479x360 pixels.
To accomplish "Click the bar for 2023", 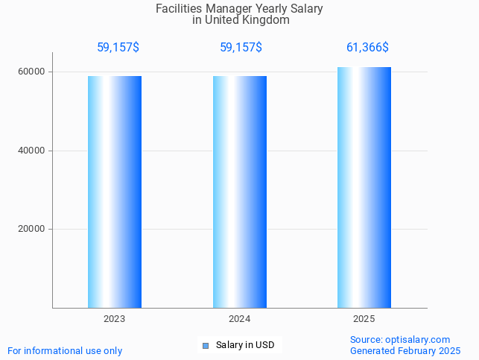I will point(115,192).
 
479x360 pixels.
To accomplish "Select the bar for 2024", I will point(240,192).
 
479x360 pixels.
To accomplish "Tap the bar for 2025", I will point(364,187).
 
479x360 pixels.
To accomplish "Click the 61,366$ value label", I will point(367,48).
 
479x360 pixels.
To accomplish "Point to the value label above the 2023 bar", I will point(118,48).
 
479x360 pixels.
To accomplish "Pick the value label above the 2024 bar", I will point(241,48).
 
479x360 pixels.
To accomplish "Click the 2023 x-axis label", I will point(115,319).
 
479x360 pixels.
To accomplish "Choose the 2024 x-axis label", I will point(240,319).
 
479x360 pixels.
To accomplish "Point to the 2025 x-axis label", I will point(364,319).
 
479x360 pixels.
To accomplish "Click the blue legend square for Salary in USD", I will point(206,345).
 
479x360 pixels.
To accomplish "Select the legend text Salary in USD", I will point(245,345).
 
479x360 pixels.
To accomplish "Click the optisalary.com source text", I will point(400,340).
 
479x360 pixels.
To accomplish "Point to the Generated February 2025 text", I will point(405,351).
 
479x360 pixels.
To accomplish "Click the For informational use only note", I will point(65,351).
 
